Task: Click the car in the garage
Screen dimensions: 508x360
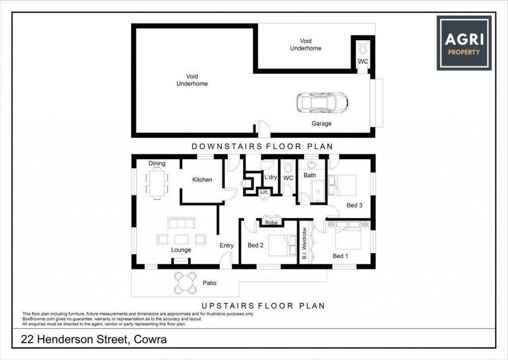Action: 322,102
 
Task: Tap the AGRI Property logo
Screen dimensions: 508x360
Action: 464,43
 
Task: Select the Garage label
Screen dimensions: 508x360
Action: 321,124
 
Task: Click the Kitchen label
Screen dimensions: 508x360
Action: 202,180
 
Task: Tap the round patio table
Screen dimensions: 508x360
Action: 186,283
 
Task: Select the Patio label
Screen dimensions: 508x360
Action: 210,283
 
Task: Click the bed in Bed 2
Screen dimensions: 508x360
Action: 282,245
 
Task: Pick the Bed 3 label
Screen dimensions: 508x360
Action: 354,205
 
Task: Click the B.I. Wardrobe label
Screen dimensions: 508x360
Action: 305,243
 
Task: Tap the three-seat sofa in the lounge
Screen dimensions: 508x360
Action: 182,223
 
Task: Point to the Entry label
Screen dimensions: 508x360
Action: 226,245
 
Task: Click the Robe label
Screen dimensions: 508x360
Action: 271,223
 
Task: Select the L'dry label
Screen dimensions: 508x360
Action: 270,177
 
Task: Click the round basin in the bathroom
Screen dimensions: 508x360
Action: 312,165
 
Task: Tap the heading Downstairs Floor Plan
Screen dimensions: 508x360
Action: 262,146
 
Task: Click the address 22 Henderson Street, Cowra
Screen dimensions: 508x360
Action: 94,340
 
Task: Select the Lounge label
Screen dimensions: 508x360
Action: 181,250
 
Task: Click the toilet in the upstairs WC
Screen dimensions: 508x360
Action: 288,167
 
